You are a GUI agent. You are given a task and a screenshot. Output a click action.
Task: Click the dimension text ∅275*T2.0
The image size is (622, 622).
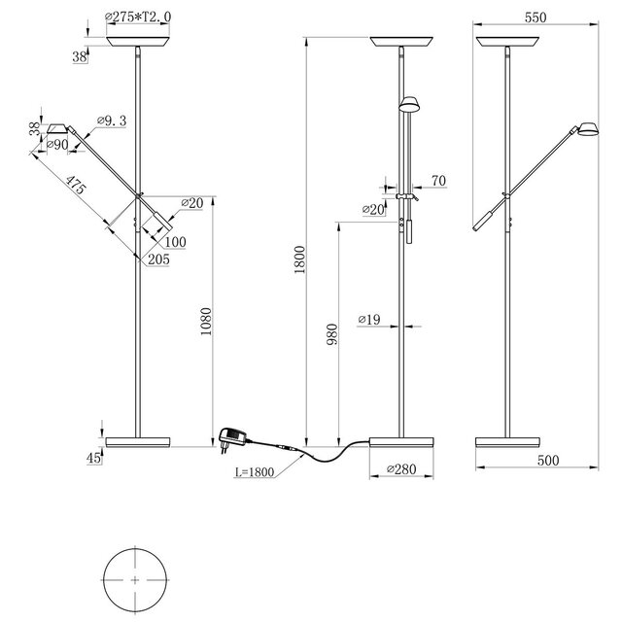pos(142,18)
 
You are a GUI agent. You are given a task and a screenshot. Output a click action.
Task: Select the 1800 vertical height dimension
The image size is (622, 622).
pos(300,259)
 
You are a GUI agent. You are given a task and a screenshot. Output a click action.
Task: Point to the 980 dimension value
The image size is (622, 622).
pos(333,335)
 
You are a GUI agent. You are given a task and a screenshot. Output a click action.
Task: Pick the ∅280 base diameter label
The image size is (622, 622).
pos(400,470)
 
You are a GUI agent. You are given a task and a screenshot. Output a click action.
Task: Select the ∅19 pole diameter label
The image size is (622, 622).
pos(368,319)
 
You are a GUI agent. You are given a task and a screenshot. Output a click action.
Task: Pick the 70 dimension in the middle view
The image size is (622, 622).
pos(437,180)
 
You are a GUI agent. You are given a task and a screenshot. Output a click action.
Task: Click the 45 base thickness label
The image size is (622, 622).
pos(93,458)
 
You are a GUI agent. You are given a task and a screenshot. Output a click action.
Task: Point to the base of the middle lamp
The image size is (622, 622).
pos(401,443)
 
